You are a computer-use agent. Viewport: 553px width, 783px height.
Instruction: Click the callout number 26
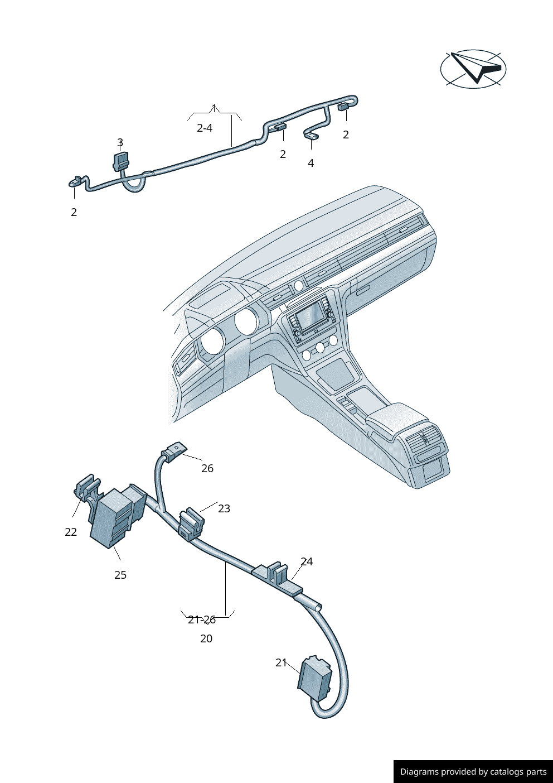(207, 468)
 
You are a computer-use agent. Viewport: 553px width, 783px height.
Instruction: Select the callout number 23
(224, 508)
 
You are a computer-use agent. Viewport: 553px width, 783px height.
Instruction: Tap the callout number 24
(307, 561)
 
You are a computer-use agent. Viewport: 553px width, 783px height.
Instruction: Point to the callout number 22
(71, 532)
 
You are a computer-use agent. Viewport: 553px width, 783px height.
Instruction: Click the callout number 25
(120, 575)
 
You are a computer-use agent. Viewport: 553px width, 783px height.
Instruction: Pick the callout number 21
(281, 662)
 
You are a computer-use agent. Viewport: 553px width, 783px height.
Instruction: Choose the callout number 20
(206, 638)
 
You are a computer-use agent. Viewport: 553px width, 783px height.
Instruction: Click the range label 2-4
(205, 128)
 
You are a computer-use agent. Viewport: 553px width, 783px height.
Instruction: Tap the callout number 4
(311, 163)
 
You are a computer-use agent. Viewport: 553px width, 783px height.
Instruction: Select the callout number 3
(120, 143)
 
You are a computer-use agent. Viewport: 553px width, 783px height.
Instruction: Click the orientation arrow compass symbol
(473, 69)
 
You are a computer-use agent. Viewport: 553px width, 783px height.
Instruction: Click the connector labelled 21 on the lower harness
(316, 678)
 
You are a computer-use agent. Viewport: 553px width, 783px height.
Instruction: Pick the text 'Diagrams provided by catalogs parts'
(473, 771)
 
